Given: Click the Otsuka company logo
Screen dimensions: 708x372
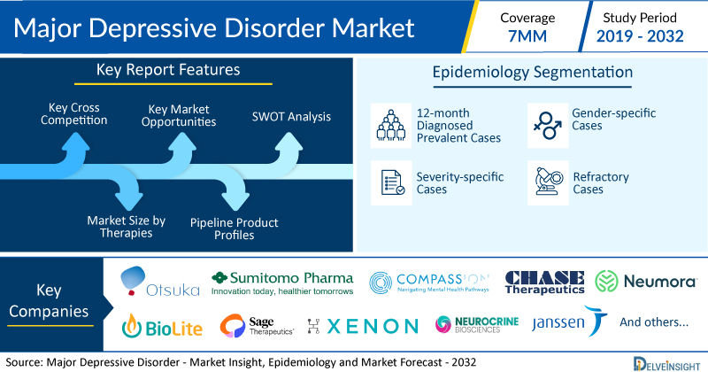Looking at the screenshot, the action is (x=160, y=281).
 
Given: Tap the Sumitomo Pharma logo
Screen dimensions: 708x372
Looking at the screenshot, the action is (x=282, y=283).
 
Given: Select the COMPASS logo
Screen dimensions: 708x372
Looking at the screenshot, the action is (x=429, y=283).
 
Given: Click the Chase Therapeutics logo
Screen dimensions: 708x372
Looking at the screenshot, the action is (x=544, y=282).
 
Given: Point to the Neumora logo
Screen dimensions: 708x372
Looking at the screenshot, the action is (x=646, y=281).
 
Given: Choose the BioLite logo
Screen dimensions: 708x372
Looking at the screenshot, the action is (x=162, y=326).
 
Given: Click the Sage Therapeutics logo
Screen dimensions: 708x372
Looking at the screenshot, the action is (x=257, y=326).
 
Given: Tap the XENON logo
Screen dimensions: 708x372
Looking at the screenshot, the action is (x=363, y=326).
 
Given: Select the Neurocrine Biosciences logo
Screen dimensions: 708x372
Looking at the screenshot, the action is (x=477, y=324).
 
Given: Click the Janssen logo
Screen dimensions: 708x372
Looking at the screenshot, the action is (x=569, y=322).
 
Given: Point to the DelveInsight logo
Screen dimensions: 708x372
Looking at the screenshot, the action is (x=666, y=364).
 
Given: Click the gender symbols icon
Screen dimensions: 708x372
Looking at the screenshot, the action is (x=548, y=125).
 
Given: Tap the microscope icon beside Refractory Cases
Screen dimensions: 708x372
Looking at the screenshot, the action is (x=549, y=182).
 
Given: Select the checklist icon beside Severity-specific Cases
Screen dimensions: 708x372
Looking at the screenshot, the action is (x=392, y=182).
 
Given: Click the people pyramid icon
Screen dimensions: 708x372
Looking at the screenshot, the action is (x=391, y=125).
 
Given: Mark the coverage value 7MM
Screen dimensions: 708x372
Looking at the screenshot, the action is (x=527, y=36).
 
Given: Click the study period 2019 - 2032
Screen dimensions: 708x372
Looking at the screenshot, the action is (x=640, y=36).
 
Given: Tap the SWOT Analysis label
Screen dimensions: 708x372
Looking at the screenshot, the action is (x=291, y=117).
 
